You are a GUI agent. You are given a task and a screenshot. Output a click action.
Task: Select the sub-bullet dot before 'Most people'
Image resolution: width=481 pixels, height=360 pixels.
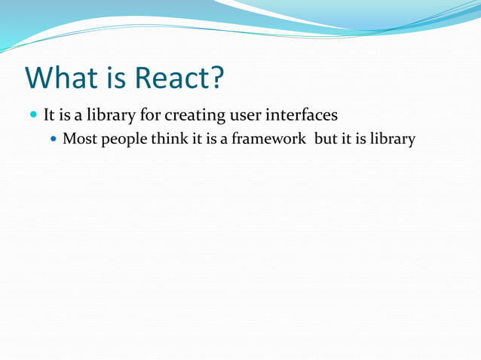52,140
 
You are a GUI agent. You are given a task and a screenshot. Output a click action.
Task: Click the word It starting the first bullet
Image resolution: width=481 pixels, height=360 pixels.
50,117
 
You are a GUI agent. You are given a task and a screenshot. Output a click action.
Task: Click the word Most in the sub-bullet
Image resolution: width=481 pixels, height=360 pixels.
78,140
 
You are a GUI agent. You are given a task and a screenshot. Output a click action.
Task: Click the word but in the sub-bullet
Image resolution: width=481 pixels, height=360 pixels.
334,140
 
